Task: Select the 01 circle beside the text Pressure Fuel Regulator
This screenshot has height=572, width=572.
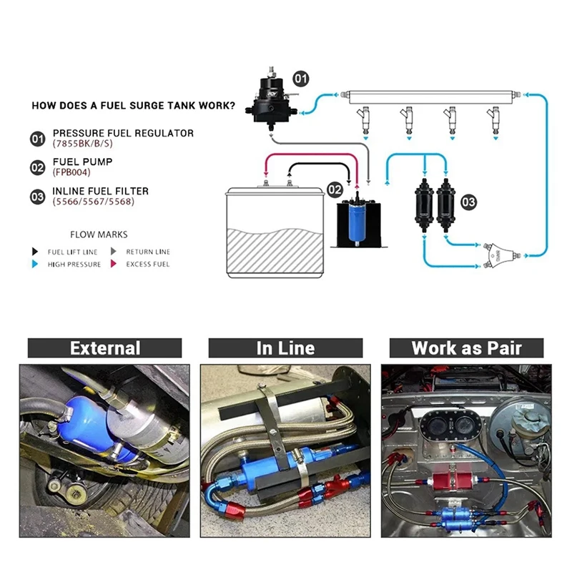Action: [38, 138]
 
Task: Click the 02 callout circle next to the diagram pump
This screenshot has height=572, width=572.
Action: [335, 189]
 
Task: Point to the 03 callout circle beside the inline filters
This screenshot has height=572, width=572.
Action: [468, 202]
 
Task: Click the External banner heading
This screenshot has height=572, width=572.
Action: [104, 348]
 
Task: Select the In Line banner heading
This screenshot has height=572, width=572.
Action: [285, 348]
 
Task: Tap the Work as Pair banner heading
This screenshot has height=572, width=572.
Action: [466, 348]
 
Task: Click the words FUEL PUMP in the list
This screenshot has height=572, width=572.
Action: [82, 162]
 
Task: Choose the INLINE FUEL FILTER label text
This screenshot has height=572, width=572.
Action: [100, 191]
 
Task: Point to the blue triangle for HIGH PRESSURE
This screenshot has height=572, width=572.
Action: [34, 265]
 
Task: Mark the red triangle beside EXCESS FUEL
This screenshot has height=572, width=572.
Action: [113, 265]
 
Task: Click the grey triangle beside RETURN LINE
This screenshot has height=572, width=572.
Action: [113, 252]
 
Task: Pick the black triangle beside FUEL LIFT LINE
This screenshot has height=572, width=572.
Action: [34, 252]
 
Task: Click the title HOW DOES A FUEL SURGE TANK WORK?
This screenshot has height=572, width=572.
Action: [133, 107]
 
